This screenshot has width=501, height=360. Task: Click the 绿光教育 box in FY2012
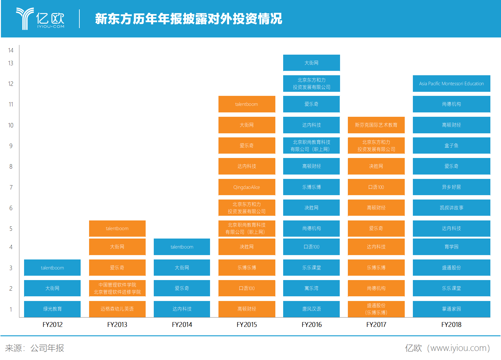click(x=52, y=309)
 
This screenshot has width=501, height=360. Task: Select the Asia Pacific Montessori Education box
click(x=451, y=84)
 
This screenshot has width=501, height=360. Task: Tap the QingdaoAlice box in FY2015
click(x=247, y=187)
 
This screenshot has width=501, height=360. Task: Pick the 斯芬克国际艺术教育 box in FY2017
click(x=376, y=125)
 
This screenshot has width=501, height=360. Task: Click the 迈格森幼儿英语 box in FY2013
click(x=117, y=309)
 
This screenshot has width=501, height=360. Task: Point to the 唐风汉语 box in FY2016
click(x=311, y=309)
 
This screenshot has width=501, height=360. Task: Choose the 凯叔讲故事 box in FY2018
click(x=451, y=208)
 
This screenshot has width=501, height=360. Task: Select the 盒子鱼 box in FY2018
click(x=451, y=145)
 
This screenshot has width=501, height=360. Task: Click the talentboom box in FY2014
click(x=182, y=247)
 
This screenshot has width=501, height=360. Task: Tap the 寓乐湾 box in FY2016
click(x=311, y=288)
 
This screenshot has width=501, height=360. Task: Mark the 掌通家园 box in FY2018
click(x=451, y=309)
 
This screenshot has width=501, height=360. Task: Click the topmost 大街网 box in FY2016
click(x=311, y=63)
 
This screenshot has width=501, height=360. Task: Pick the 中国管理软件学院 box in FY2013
click(x=117, y=288)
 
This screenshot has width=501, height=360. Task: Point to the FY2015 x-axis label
click(x=247, y=324)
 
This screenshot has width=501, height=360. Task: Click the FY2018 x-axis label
click(x=451, y=324)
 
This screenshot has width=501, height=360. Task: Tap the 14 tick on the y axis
click(x=11, y=50)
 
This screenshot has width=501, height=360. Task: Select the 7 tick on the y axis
click(x=11, y=187)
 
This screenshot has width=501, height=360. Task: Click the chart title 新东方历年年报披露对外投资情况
click(x=188, y=19)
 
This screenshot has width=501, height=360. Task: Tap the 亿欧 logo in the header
click(x=40, y=18)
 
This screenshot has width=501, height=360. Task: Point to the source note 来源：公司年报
click(x=34, y=348)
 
